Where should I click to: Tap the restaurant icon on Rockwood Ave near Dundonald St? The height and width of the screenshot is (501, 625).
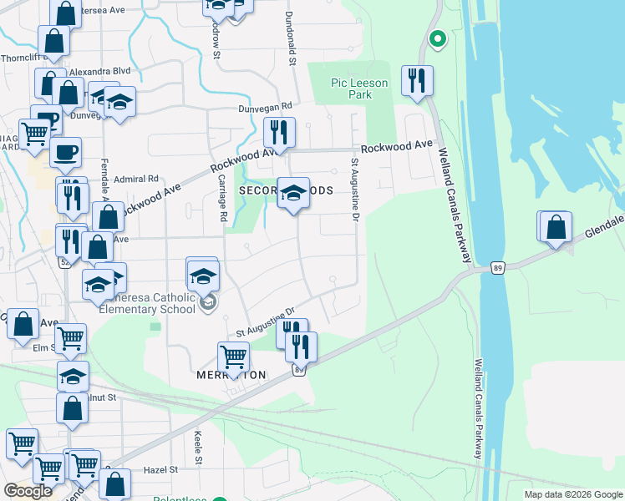point(279,132)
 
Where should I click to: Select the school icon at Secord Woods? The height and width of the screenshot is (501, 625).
point(292,193)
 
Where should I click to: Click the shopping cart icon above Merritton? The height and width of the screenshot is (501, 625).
point(234,357)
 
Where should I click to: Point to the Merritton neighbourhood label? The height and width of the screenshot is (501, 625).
point(231,376)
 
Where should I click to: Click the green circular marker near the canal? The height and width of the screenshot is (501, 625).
point(436,38)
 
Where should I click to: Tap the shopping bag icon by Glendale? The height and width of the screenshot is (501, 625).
point(556,226)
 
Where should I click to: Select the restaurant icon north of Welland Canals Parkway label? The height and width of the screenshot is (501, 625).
point(417,80)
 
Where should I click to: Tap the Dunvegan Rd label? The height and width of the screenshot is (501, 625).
point(264,107)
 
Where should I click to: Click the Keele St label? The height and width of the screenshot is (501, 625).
point(199,448)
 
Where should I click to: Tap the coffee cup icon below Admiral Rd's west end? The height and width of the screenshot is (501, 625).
point(65,152)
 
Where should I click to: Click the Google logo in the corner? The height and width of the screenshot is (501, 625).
point(28,491)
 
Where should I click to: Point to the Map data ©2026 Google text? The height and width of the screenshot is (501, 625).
point(572,494)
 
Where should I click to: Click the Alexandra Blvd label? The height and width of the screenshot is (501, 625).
point(100,72)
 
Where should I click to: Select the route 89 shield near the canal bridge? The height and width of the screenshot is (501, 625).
point(497,268)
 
